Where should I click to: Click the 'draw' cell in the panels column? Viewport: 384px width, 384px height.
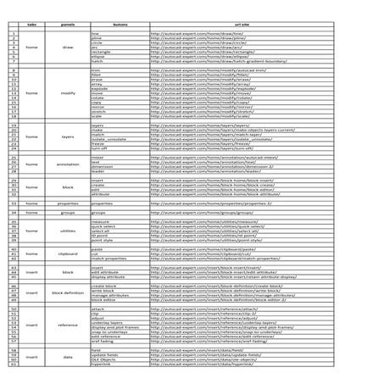(68, 47)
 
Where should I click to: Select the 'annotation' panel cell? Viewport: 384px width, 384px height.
(68, 164)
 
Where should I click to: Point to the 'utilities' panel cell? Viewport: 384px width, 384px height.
(68, 230)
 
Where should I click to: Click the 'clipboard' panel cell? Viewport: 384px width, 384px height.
(68, 253)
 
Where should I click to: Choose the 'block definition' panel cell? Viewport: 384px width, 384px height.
(68, 292)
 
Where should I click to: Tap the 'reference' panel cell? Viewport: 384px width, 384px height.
(68, 325)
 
